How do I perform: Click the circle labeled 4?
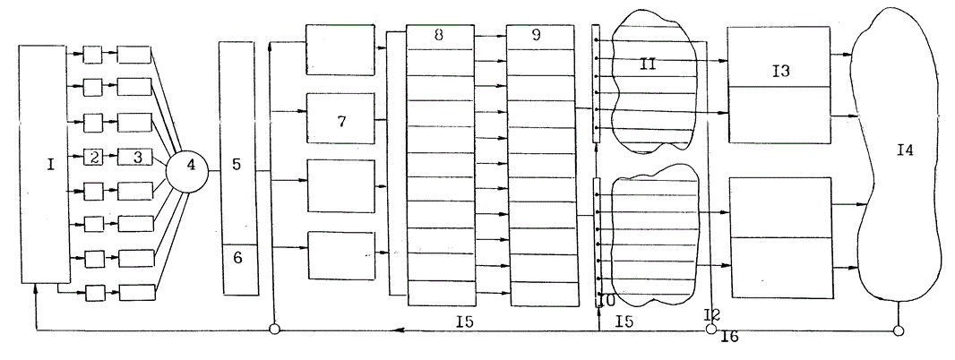click(190, 166)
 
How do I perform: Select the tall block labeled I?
click(44, 166)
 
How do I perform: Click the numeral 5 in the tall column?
click(237, 166)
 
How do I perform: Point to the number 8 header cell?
click(440, 36)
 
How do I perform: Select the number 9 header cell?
click(539, 36)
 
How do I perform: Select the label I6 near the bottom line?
click(729, 338)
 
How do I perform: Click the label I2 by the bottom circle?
click(712, 314)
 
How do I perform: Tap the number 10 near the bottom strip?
click(606, 299)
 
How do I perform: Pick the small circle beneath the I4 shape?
click(898, 330)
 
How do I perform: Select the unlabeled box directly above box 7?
click(340, 50)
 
